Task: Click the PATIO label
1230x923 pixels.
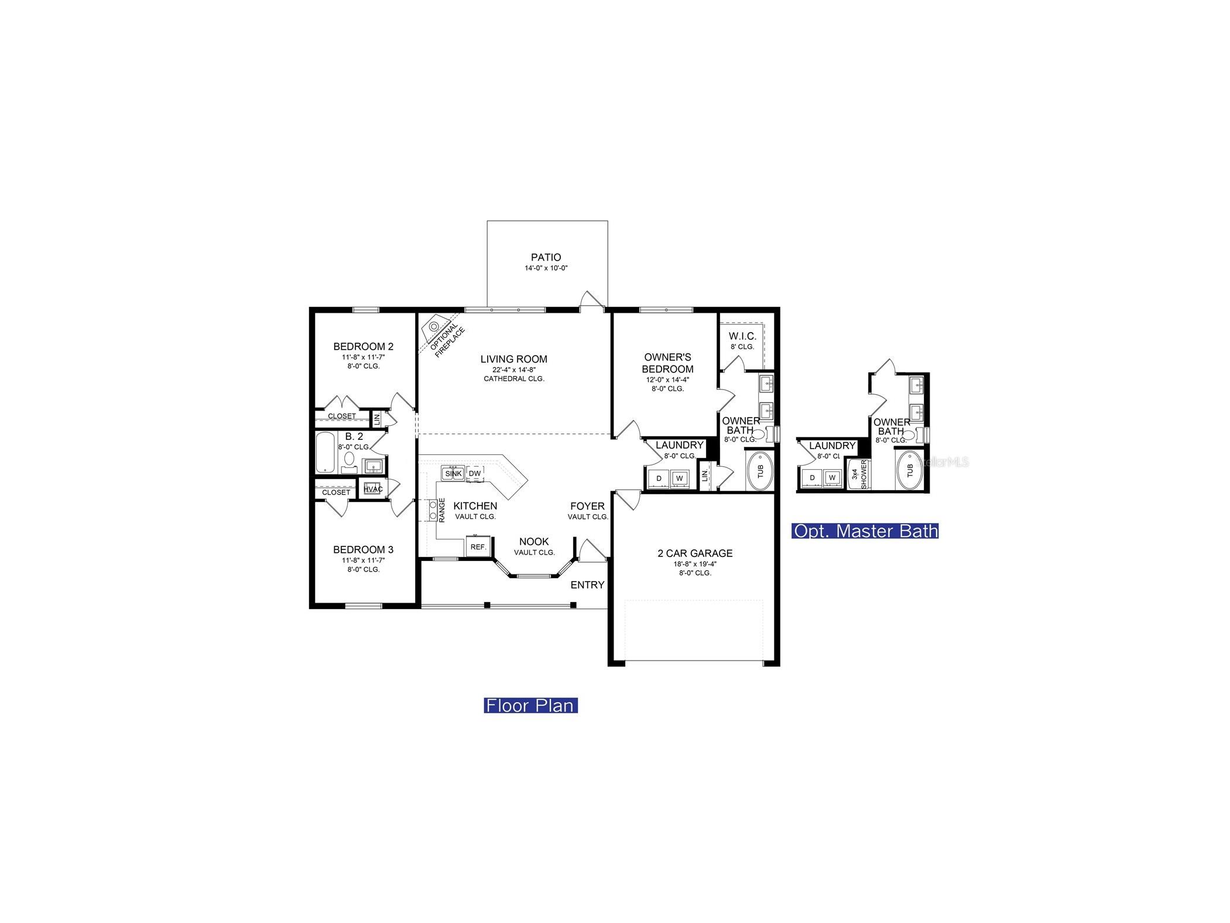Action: coord(546,257)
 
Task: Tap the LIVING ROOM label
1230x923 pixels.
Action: coord(513,359)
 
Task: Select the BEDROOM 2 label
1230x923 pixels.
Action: coord(363,346)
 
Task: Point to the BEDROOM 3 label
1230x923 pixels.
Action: coord(363,549)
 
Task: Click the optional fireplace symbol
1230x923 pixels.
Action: coord(434,325)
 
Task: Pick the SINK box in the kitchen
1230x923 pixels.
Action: coord(453,473)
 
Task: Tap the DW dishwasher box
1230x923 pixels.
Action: coord(475,473)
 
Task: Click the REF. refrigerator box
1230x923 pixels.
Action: coord(478,546)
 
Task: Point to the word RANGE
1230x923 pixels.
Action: coord(442,510)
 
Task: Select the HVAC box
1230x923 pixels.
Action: coord(373,489)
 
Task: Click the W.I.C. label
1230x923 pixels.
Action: coord(742,336)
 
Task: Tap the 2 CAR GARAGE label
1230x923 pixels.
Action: coord(695,553)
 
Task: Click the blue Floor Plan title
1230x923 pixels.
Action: coord(531,705)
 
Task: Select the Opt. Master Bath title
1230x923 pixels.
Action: coord(865,531)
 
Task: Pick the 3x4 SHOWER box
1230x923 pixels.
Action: coord(859,473)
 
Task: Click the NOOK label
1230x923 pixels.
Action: coord(534,542)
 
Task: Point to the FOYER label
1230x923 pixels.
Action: coord(588,506)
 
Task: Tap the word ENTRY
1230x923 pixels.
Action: coord(587,584)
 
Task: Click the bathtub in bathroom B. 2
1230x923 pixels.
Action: coord(326,453)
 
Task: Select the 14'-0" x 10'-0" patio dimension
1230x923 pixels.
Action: coord(546,268)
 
